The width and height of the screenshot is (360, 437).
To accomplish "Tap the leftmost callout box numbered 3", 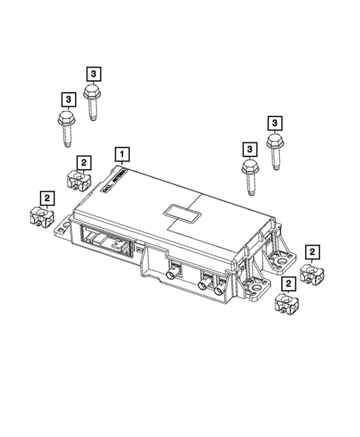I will pyautogui.click(x=67, y=99).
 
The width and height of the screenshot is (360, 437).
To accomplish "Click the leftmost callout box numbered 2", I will pyautogui.click(x=47, y=198).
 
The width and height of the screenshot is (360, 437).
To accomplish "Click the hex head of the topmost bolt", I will pyautogui.click(x=92, y=92).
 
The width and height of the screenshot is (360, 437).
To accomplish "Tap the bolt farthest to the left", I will pyautogui.click(x=65, y=122).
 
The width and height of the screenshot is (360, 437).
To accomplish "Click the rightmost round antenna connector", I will pyautogui.click(x=218, y=291).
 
